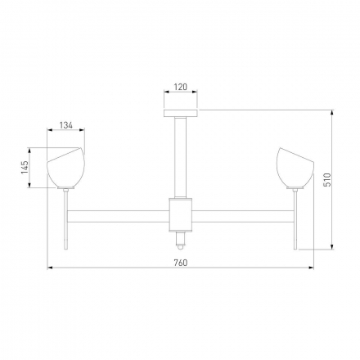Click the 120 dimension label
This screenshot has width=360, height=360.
[x=181, y=87]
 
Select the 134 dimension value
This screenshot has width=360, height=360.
[x=66, y=125]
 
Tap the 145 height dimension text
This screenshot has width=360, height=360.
[x=25, y=167]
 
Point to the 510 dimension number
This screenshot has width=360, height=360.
[x=327, y=179]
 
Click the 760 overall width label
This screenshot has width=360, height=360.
[x=181, y=263]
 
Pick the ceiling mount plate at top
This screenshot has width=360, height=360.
[x=181, y=113]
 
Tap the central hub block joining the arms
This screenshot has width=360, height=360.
[x=181, y=215]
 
